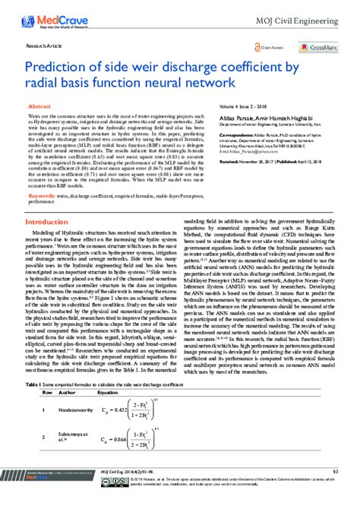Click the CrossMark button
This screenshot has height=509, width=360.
coord(318,44)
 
